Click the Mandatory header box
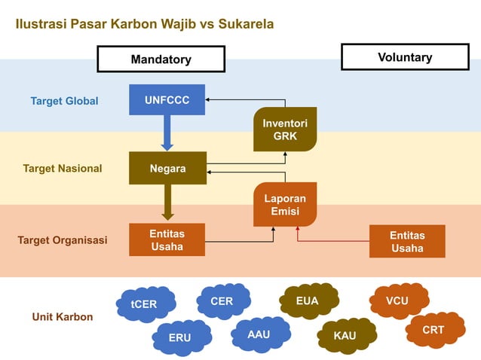click(x=161, y=59)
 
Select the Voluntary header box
click(x=405, y=57)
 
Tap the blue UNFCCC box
click(x=167, y=100)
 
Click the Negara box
click(x=167, y=168)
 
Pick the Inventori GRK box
click(x=285, y=130)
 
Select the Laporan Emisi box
click(x=285, y=204)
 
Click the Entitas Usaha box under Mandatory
click(x=167, y=239)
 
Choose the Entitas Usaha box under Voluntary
click(x=407, y=241)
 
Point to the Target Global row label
click(x=64, y=101)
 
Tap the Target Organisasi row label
click(x=63, y=240)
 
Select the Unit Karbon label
click(x=63, y=316)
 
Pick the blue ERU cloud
click(x=179, y=337)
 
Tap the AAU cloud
click(x=259, y=334)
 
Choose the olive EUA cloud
click(x=307, y=301)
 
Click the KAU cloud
click(x=345, y=335)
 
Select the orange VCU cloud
click(x=397, y=301)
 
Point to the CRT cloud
click(x=434, y=330)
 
